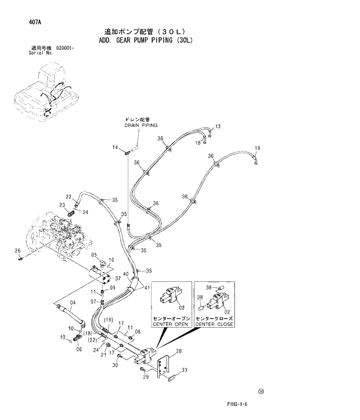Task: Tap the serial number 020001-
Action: pyautogui.click(x=69, y=48)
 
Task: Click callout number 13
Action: pyautogui.click(x=218, y=126)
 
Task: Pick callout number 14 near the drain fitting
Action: pyautogui.click(x=116, y=147)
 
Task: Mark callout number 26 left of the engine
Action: pyautogui.click(x=18, y=250)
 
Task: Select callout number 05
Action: pyautogui.click(x=94, y=255)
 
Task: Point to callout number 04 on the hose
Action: pyautogui.click(x=73, y=303)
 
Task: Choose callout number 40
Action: pyautogui.click(x=125, y=274)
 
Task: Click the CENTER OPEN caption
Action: pyautogui.click(x=169, y=325)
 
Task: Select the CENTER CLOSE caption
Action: pyautogui.click(x=214, y=325)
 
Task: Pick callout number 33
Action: pyautogui.click(x=185, y=370)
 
